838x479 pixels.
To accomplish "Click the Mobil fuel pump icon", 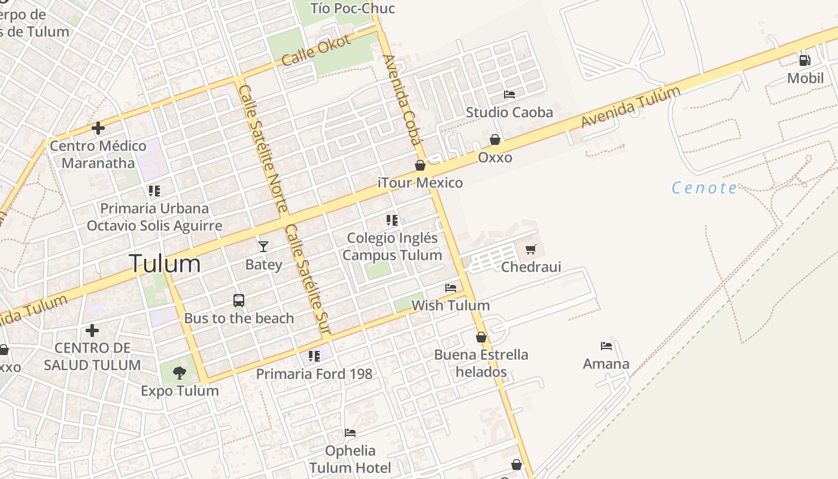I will point(805,60).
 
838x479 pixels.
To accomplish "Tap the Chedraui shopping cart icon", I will point(531,249).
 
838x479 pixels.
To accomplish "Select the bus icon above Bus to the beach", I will point(239,301).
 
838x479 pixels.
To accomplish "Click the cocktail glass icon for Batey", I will point(263,246).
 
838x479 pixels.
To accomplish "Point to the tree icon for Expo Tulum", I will point(179,374).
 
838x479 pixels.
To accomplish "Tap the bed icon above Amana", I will point(606,345).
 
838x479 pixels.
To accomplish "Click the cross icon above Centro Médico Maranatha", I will point(98,128).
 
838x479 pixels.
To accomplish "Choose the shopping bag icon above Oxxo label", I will point(495,140).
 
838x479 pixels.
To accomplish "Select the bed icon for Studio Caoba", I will point(509,95).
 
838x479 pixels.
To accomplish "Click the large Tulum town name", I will point(165,263).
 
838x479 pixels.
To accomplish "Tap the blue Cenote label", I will point(705,188).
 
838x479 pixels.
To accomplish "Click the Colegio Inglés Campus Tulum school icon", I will point(392,220).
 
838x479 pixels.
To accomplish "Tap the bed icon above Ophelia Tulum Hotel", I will point(350,433).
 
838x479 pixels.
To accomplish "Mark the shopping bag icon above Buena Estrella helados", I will point(481,337).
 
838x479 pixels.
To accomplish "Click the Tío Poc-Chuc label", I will point(353,8).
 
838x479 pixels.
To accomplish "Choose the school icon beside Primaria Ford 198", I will point(314,356).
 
